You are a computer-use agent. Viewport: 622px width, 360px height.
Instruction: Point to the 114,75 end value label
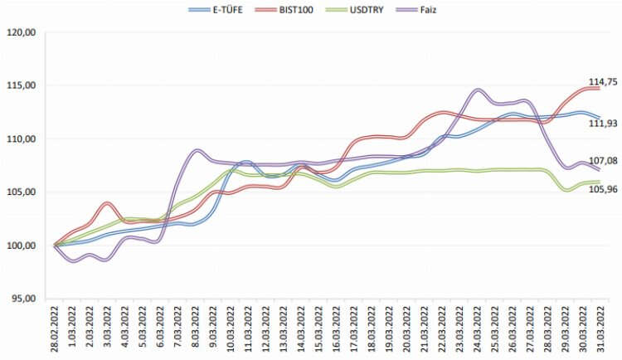pyautogui.click(x=603, y=82)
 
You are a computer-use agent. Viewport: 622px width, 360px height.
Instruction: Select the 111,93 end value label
pyautogui.click(x=603, y=124)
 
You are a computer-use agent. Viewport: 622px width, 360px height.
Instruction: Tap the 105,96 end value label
pyautogui.click(x=603, y=189)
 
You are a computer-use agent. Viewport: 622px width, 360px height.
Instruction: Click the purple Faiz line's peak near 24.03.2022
pyautogui.click(x=478, y=90)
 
